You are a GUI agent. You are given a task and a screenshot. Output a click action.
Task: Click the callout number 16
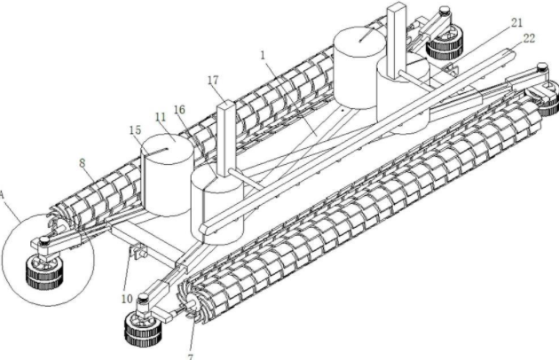pos(180,110)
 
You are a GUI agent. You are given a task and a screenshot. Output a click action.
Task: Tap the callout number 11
pos(159,116)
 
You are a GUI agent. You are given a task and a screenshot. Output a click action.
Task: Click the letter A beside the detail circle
pos(3,194)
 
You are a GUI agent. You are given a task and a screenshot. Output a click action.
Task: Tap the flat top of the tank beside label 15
pos(167,149)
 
